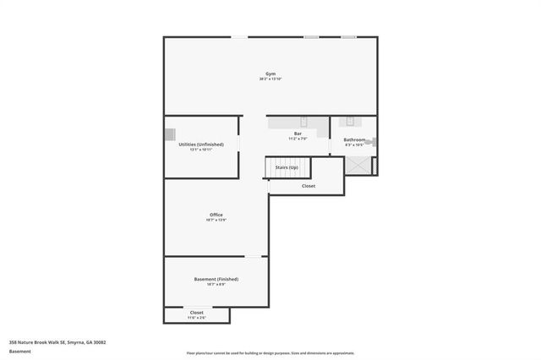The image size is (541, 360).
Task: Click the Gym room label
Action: pyautogui.click(x=270, y=74)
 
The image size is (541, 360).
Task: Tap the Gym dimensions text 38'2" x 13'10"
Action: pyautogui.click(x=270, y=79)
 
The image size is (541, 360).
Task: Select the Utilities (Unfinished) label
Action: pyautogui.click(x=200, y=145)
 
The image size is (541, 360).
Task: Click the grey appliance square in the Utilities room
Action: pyautogui.click(x=170, y=134)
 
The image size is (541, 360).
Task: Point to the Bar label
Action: pyautogui.click(x=298, y=134)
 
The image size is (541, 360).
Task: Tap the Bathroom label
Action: pyautogui.click(x=354, y=139)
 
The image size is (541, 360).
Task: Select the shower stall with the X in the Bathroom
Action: pyautogui.click(x=358, y=166)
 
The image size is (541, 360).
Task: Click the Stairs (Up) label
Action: pyautogui.click(x=287, y=167)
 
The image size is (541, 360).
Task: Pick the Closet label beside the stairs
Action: pyautogui.click(x=309, y=186)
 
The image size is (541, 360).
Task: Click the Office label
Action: pyautogui.click(x=216, y=215)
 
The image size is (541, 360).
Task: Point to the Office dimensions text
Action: pyautogui.click(x=216, y=221)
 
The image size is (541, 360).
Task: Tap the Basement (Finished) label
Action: pyautogui.click(x=216, y=279)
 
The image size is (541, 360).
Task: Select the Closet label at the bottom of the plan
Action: pyautogui.click(x=196, y=313)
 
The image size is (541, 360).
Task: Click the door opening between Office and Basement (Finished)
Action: pyautogui.click(x=256, y=256)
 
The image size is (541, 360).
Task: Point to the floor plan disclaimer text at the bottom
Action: pyautogui.click(x=270, y=353)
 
